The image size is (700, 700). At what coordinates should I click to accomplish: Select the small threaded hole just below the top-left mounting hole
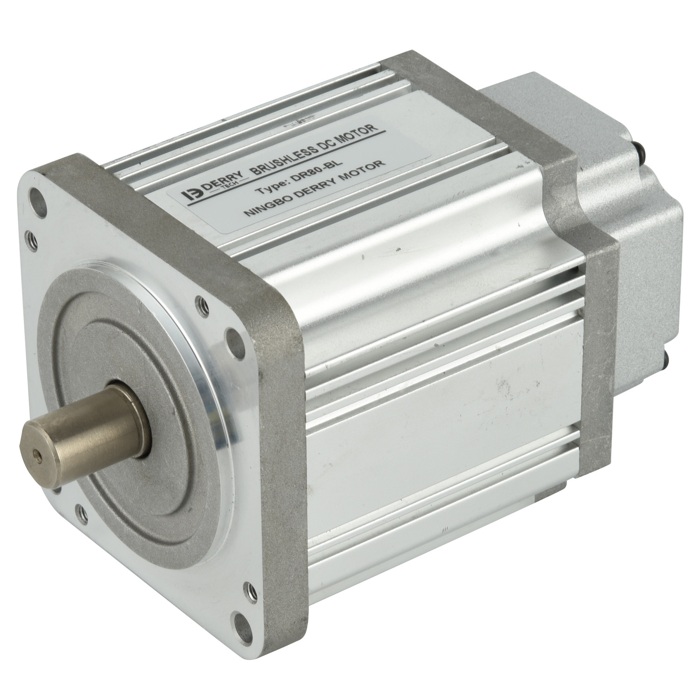(x=31, y=236)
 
